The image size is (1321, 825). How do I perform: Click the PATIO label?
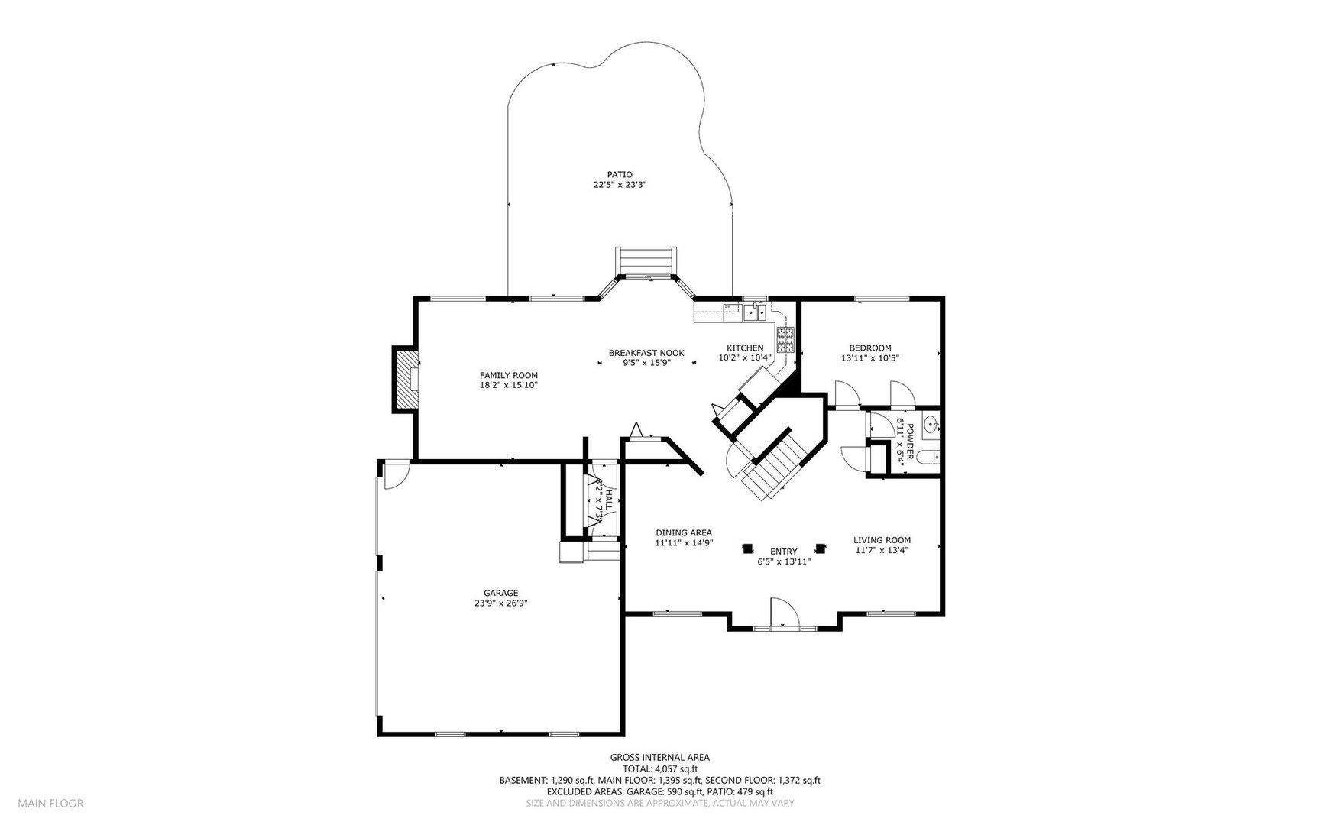[620, 175]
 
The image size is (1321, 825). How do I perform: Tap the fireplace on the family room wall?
[405, 380]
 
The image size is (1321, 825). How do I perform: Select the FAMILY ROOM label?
[508, 375]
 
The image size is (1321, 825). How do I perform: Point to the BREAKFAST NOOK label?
[646, 353]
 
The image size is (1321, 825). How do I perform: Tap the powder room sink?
[930, 425]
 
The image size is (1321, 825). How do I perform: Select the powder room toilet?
[926, 458]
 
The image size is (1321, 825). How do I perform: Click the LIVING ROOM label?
[882, 540]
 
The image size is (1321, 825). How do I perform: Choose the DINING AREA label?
[684, 533]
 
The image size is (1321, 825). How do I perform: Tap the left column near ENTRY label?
[747, 548]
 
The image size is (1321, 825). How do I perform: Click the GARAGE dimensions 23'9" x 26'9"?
[500, 603]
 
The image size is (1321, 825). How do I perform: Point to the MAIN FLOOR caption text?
[50, 803]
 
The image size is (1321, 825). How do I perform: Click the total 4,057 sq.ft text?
[659, 769]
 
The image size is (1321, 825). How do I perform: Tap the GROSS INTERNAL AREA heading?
[659, 758]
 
